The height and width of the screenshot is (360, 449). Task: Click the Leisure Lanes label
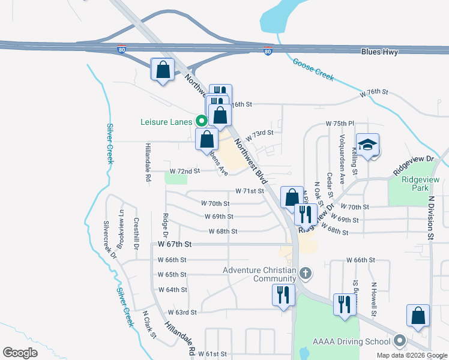[x=166, y=122]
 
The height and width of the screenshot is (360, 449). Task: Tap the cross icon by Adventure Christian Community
[x=305, y=274]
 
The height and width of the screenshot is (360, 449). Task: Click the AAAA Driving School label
[x=352, y=342]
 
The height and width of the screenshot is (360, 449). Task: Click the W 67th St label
[x=175, y=245]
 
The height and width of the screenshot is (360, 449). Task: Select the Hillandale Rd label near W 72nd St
[x=147, y=162]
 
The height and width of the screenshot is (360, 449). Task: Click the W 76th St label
[x=375, y=93]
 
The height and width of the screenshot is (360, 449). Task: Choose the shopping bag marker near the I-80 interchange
[x=163, y=70]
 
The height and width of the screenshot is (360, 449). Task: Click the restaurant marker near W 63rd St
[x=283, y=295]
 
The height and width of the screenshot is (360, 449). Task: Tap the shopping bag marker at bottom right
[x=418, y=316]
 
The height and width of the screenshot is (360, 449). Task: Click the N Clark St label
[x=149, y=325]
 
